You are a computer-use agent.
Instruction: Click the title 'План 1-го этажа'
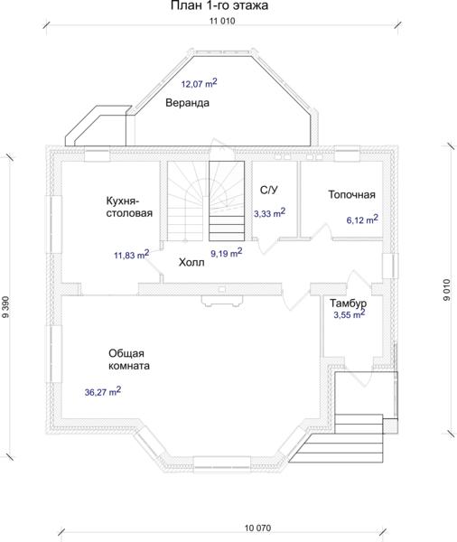[x=219, y=5]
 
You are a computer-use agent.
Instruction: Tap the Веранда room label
[x=187, y=103]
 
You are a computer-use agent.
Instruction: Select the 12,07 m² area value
[x=199, y=83]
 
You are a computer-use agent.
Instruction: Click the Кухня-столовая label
[x=129, y=207]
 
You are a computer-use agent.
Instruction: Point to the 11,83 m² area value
[x=131, y=255]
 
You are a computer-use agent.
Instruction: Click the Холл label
[x=191, y=263]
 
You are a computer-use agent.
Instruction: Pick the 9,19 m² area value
[x=227, y=253]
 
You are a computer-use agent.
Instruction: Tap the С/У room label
[x=268, y=190]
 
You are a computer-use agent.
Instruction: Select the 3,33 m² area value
[x=270, y=213]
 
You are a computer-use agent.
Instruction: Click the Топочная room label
[x=351, y=194]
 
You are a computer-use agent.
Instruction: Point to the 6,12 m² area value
[x=362, y=220]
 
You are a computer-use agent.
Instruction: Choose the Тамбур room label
[x=348, y=304]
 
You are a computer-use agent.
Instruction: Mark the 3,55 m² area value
[x=350, y=314]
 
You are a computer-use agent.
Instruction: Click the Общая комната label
[x=129, y=360]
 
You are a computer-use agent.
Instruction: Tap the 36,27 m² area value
[x=103, y=392]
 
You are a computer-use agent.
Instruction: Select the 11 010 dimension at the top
[x=222, y=21]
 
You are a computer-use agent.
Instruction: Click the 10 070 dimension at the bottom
[x=258, y=528]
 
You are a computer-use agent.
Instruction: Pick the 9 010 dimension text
[x=447, y=290]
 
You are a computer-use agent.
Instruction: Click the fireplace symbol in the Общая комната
[x=223, y=301]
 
